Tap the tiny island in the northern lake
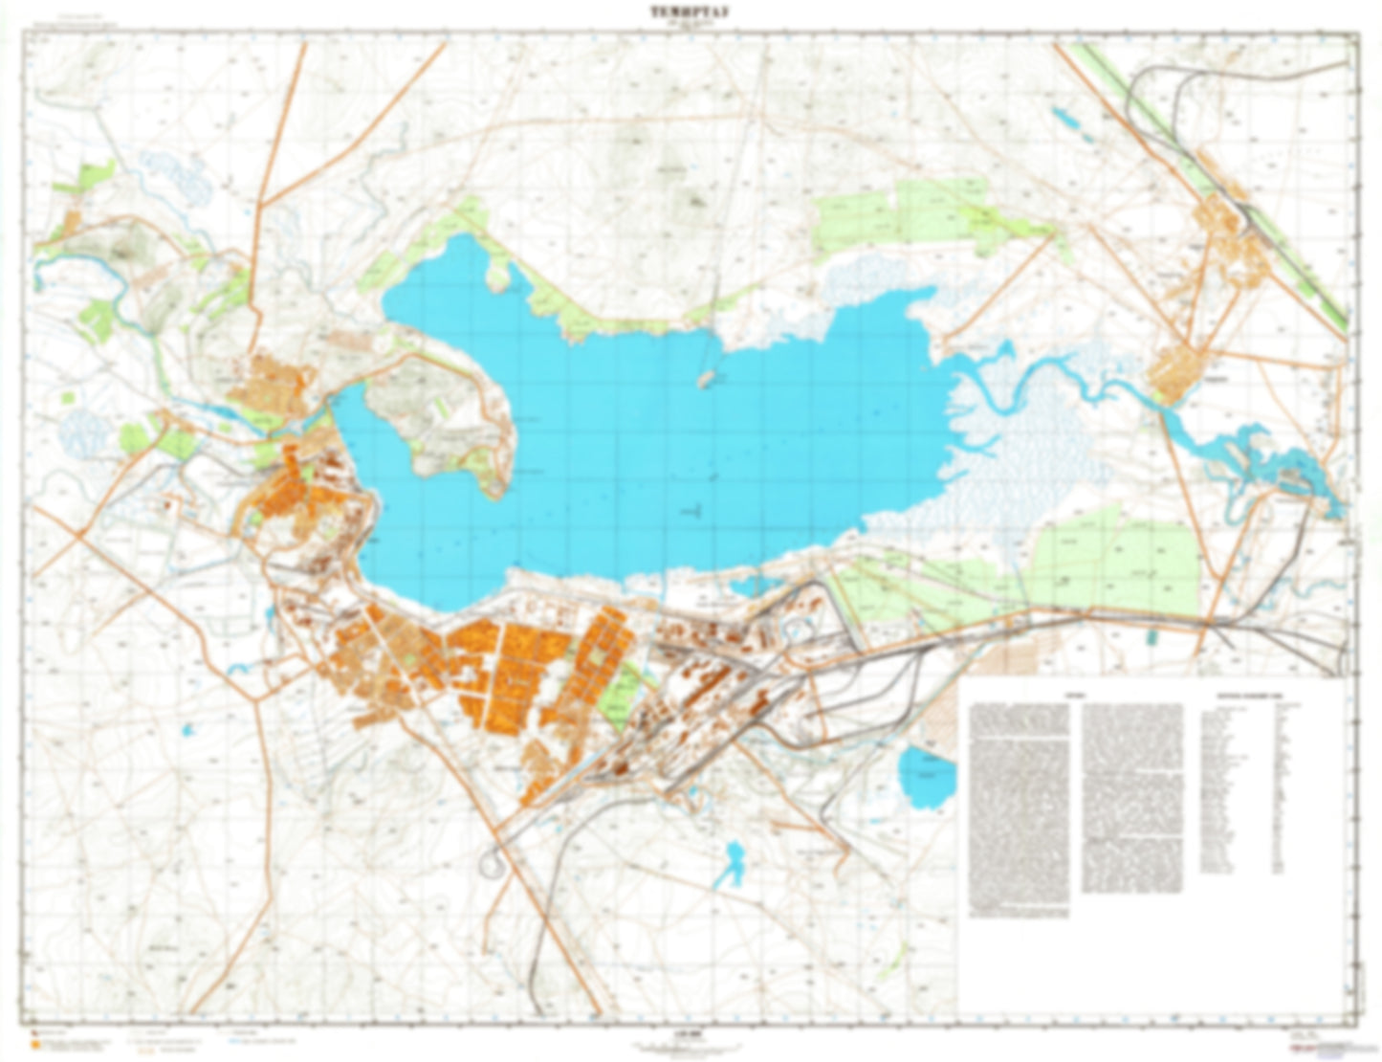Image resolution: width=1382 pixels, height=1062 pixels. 707,380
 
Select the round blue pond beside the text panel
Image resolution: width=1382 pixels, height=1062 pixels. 927,777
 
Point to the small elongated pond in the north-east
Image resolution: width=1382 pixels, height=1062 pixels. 1064,119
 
